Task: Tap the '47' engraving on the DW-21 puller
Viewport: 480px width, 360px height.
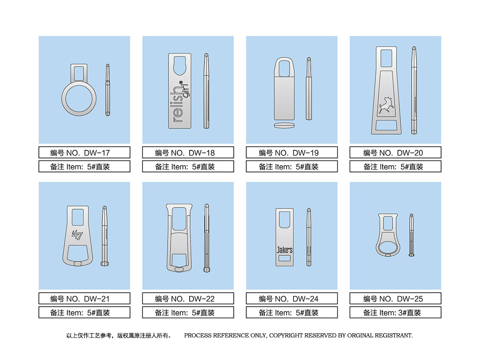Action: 77,235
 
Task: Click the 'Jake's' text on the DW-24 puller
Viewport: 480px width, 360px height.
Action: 284,250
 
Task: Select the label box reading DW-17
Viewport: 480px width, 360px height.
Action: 85,152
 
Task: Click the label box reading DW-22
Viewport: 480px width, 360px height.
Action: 188,299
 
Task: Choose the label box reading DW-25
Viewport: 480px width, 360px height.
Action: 395,299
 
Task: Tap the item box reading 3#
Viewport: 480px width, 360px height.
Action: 395,313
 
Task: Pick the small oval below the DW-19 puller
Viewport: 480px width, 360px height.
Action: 284,125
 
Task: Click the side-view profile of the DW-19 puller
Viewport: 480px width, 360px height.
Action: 309,89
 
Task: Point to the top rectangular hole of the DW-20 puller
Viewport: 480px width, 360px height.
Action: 386,58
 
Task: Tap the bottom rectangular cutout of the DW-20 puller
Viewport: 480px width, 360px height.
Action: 386,125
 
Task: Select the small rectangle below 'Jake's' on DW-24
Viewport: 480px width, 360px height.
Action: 285,258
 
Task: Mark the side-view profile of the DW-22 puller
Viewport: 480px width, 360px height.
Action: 207,238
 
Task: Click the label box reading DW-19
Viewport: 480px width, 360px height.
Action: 292,152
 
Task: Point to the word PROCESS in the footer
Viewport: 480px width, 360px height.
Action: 198,335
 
